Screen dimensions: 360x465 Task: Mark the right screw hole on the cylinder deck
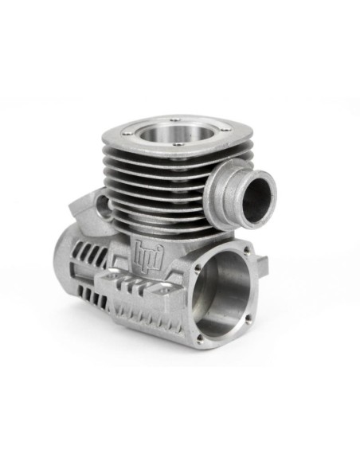[226, 129]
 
